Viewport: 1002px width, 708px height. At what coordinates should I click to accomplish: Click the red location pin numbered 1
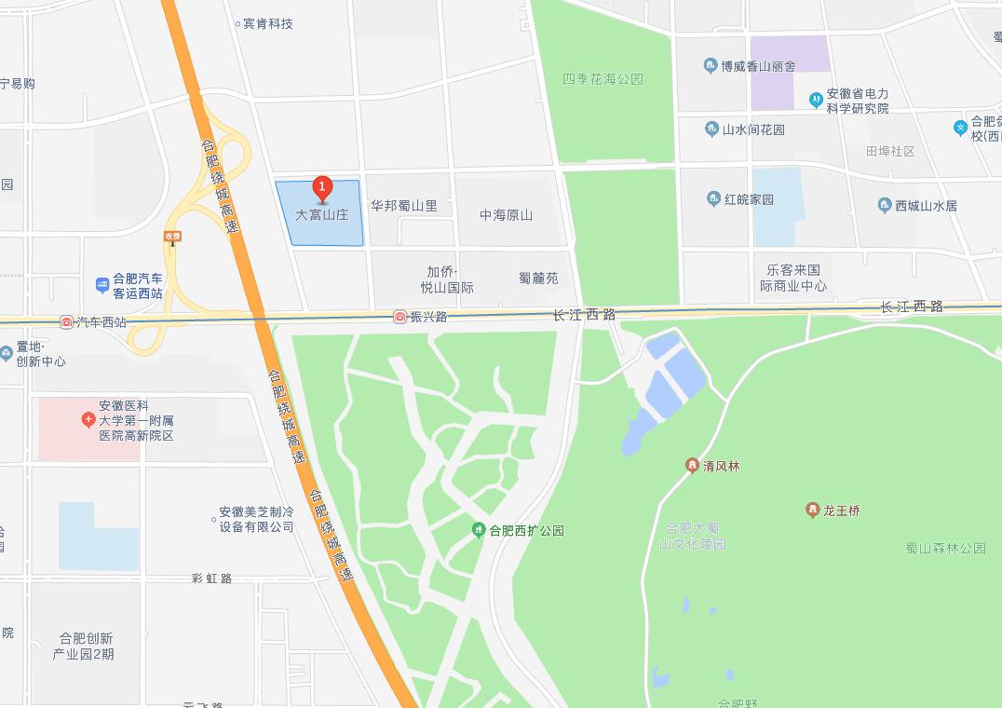[322, 188]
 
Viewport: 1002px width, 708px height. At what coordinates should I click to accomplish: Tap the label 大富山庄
[321, 214]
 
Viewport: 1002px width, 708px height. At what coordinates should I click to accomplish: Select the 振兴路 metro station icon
[399, 317]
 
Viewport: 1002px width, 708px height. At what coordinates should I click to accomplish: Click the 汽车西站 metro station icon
[66, 322]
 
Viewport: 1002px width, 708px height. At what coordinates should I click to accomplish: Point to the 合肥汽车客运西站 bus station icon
[102, 284]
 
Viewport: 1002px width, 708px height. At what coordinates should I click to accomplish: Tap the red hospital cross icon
[88, 420]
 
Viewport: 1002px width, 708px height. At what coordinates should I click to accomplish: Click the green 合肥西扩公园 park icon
[479, 530]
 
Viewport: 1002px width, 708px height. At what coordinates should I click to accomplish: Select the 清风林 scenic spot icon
[692, 465]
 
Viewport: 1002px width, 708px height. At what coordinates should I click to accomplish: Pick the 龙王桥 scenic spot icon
[812, 510]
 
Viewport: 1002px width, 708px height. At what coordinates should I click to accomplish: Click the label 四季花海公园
[603, 79]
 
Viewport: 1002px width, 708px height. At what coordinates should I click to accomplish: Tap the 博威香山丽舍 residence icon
[711, 66]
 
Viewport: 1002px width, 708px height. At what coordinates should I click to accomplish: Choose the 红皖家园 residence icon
[713, 198]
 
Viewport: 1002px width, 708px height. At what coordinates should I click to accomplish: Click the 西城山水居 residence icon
[885, 205]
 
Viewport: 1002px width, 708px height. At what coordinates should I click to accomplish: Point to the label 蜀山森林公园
[945, 548]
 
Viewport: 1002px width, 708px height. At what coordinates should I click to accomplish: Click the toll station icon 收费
[172, 238]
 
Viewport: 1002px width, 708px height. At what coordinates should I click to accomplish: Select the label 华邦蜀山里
[404, 206]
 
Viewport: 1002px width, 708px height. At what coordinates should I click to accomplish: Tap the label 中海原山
[506, 215]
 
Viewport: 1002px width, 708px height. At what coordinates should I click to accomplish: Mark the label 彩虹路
[211, 578]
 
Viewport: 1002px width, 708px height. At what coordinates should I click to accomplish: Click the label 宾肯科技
[268, 23]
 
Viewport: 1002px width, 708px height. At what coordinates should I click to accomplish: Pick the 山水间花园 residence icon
[711, 129]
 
